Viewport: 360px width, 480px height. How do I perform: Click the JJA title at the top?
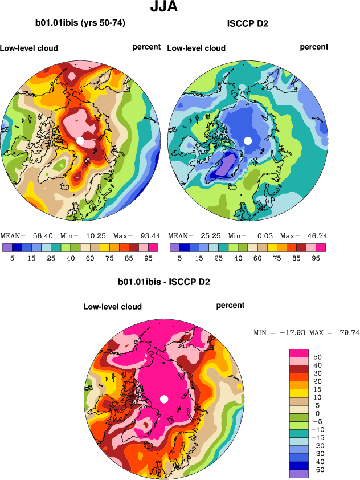pos(163,7)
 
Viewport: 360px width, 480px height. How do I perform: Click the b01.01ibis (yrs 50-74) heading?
pos(80,23)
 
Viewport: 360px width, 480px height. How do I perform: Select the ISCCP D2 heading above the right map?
pos(248,23)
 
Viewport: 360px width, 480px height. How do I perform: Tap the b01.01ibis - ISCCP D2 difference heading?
pos(164,282)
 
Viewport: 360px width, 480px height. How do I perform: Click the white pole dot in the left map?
pos(80,140)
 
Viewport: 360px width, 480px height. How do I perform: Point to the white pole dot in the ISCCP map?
pos(248,140)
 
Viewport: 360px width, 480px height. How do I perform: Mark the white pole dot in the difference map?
pos(164,399)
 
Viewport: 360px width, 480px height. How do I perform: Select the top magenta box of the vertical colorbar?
pos(299,353)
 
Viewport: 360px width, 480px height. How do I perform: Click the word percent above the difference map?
pos(230,306)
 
